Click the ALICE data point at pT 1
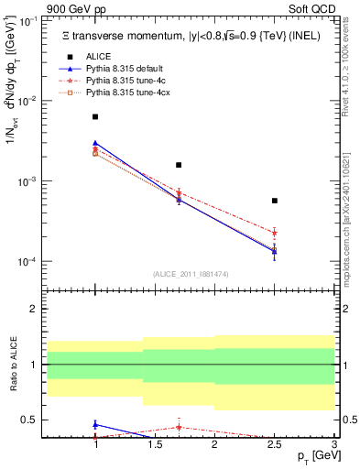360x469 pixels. (x=95, y=117)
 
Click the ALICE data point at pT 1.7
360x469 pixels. (x=179, y=165)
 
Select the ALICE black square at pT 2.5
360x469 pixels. (x=275, y=201)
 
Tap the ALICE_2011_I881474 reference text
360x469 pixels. (x=191, y=273)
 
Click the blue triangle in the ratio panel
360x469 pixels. (x=95, y=424)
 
